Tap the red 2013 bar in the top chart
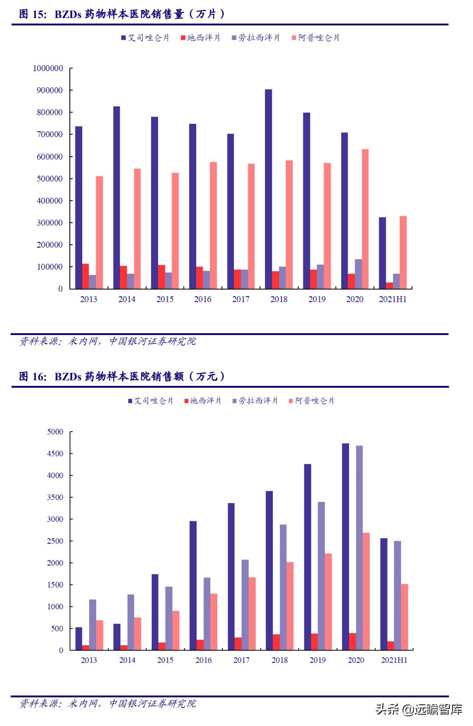pos(86,276)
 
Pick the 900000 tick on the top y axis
pos(48,91)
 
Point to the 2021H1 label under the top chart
pos(393,299)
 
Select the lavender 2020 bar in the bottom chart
pos(359,548)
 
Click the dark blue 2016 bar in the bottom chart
pos(193,586)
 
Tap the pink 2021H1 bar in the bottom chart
pos(404,617)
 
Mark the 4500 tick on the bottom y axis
pos(55,454)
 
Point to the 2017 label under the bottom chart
pos(241,660)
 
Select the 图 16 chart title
pos(123,377)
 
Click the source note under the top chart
pos(108,342)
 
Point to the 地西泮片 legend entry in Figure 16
pos(203,401)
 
